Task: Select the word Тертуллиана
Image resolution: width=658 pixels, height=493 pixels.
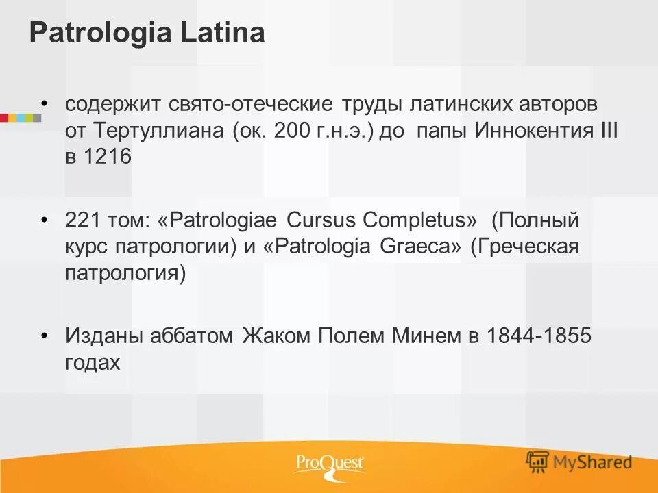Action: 157,131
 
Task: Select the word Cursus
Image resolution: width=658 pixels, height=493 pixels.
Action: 321,221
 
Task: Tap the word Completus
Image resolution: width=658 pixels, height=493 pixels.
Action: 415,221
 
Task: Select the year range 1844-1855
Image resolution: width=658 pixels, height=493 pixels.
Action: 538,337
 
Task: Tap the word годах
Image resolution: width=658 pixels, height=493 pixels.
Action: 93,363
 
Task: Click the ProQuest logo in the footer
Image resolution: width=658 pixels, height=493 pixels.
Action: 330,464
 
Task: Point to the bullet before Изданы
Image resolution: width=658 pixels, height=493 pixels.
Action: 45,335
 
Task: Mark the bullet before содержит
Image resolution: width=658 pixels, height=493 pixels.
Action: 45,103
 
